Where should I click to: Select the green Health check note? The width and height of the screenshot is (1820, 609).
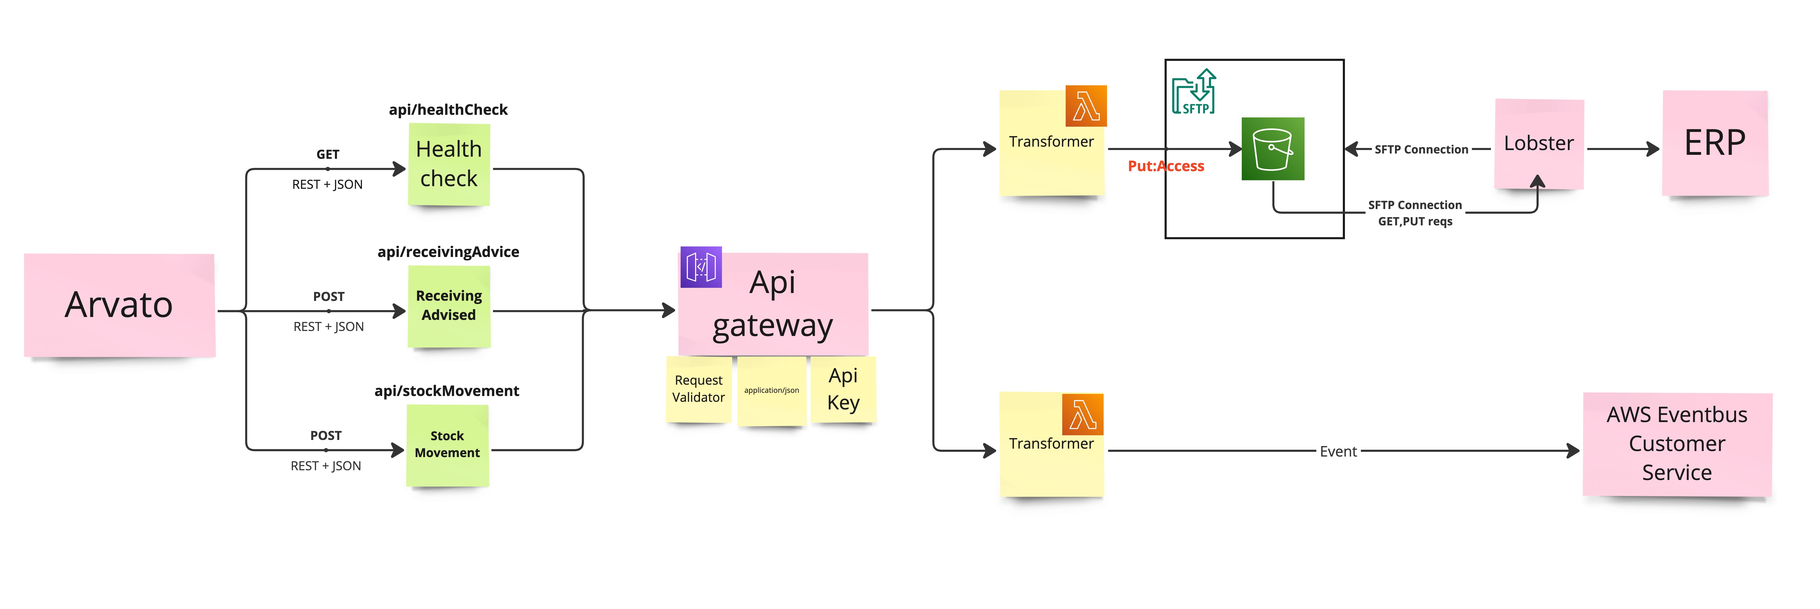click(x=449, y=164)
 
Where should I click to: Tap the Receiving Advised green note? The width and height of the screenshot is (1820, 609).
click(x=449, y=306)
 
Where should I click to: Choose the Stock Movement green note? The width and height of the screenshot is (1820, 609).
click(x=447, y=445)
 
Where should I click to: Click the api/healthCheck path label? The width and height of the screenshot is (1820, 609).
click(x=448, y=110)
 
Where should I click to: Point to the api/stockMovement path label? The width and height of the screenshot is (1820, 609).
click(x=447, y=391)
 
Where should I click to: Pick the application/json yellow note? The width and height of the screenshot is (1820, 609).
click(x=771, y=391)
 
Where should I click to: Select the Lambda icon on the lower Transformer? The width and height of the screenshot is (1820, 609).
click(x=1082, y=414)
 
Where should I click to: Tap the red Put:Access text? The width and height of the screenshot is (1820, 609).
click(x=1166, y=166)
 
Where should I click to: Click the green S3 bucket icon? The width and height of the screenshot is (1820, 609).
click(x=1273, y=149)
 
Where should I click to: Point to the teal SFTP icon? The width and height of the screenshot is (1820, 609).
click(x=1194, y=92)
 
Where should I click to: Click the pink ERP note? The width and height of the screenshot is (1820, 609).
click(x=1715, y=143)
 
